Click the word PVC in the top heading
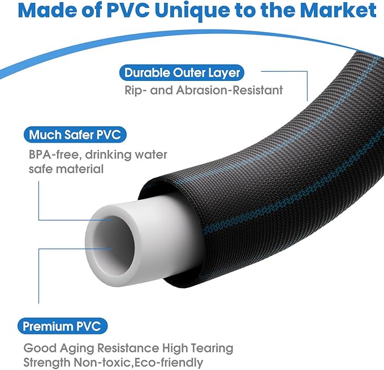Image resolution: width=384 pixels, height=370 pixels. (128, 11)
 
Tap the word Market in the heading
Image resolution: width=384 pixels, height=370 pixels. (338, 11)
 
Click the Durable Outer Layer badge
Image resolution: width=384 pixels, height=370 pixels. (182, 73)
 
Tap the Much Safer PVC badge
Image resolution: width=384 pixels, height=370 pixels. (75, 135)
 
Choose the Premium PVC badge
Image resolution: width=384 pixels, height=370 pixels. (62, 326)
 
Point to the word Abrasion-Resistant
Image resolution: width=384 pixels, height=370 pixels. (229, 90)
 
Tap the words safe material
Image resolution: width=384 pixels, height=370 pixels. (66, 169)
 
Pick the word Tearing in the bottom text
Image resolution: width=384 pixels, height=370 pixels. (212, 349)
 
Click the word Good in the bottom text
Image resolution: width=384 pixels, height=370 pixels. (40, 348)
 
